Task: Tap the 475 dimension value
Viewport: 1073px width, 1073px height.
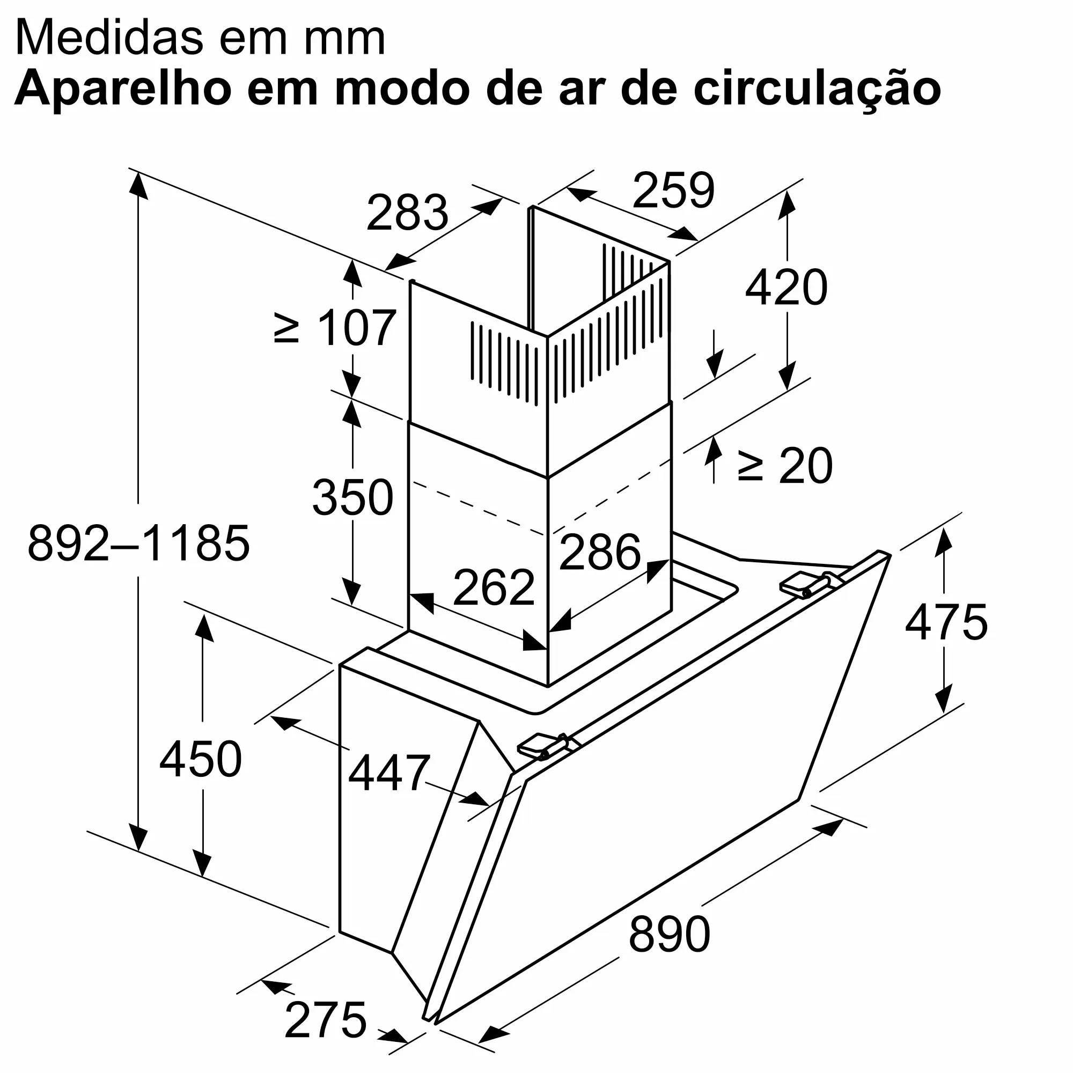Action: (x=946, y=622)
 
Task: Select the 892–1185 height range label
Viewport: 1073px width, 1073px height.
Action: (x=139, y=543)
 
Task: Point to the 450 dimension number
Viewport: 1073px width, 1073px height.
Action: (x=201, y=759)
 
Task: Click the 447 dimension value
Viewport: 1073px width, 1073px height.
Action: (x=389, y=773)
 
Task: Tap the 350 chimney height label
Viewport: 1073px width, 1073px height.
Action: (x=352, y=497)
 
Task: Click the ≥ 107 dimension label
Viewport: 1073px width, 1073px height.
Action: (x=335, y=328)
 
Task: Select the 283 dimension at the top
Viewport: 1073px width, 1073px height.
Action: (x=407, y=212)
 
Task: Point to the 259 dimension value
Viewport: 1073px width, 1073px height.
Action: (x=673, y=190)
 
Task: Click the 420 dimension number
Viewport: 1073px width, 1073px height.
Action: (x=786, y=287)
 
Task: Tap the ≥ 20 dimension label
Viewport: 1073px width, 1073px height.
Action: (x=785, y=465)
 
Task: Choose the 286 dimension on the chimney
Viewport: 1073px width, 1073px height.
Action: (x=600, y=552)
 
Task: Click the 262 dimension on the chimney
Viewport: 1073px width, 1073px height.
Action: (x=494, y=587)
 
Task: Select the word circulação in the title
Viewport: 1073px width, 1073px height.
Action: (x=817, y=89)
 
